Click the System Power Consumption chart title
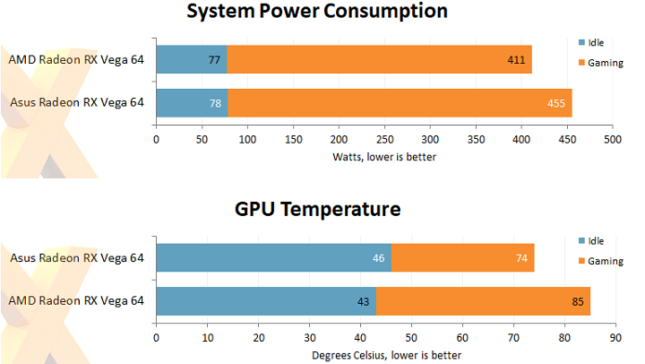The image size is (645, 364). point(317,12)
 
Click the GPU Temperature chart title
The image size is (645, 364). point(317,210)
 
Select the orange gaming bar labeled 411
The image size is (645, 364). point(379,60)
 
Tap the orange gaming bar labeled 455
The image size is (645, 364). point(400,103)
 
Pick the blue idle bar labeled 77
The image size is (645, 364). point(192,60)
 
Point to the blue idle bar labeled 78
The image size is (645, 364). point(192,103)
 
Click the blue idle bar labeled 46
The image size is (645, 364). point(273,258)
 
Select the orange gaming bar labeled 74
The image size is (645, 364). point(462,258)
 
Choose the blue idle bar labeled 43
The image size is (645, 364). point(266,301)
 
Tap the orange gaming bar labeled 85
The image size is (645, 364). point(483,301)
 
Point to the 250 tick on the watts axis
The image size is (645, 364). point(385,140)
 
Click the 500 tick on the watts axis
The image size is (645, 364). point(613,140)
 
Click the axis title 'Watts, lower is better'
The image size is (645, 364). point(385,157)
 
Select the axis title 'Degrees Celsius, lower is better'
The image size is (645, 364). point(386,355)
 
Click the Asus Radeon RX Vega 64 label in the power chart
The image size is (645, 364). point(77,102)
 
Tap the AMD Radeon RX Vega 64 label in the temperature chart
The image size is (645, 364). point(76,301)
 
